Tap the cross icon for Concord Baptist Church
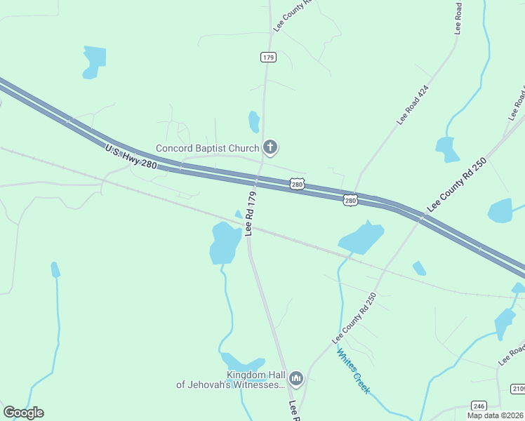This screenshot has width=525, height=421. point(270,147)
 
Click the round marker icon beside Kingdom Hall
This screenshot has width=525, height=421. point(296,380)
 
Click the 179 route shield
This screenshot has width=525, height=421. point(267,57)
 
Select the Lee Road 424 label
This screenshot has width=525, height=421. point(412,105)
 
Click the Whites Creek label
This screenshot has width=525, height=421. point(353,371)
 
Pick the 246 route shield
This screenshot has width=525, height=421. point(479,406)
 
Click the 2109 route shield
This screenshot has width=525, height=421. point(518,389)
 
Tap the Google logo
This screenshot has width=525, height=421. point(23,413)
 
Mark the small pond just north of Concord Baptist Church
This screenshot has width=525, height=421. point(253,121)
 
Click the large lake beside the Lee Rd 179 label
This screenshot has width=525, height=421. point(225,243)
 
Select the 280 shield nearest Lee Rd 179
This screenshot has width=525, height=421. point(298,184)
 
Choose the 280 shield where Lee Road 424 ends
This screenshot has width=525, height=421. point(350,201)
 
